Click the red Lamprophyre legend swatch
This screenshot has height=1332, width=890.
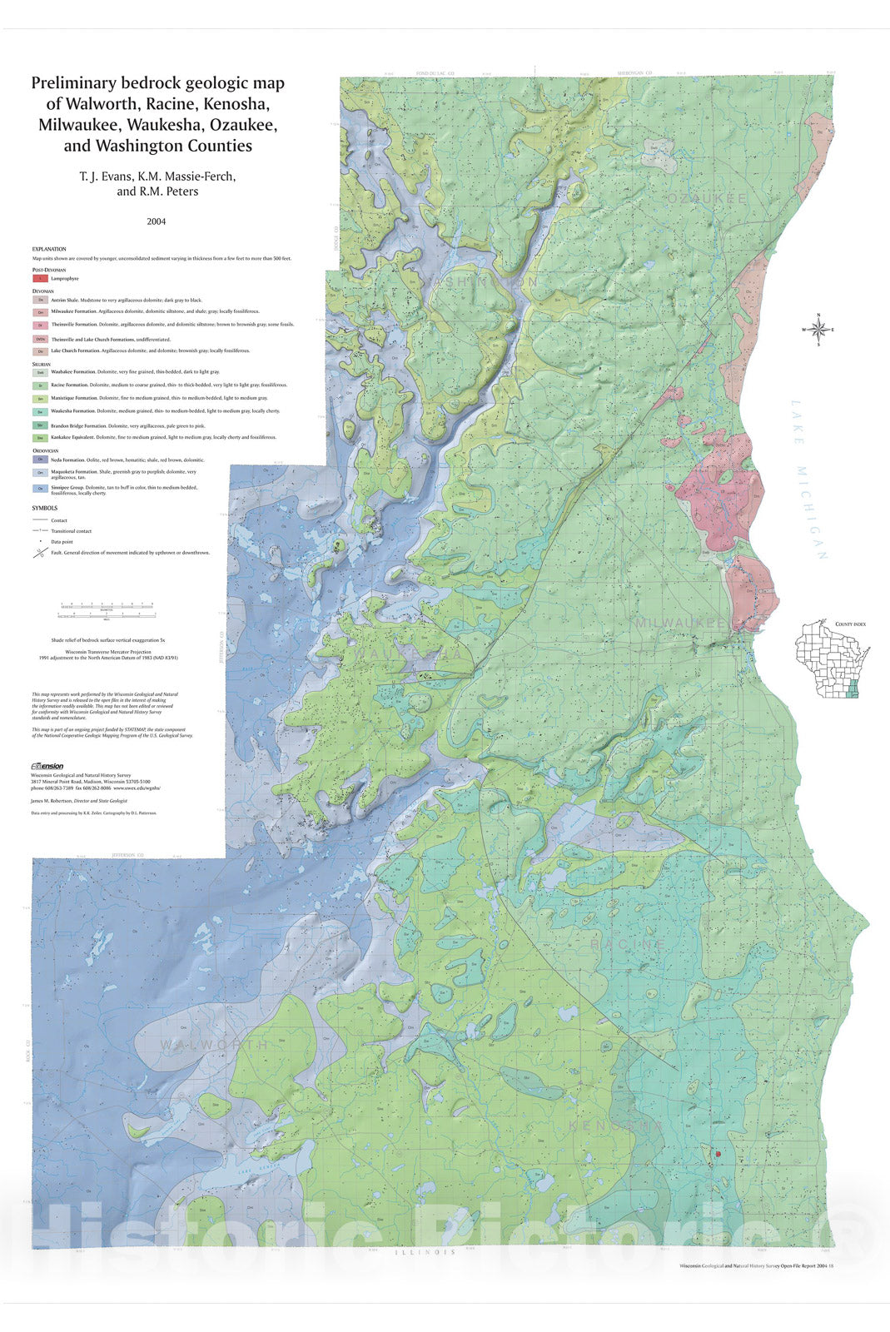(x=40, y=279)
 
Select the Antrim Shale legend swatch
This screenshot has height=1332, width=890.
(x=40, y=300)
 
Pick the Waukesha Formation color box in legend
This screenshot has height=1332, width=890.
(x=40, y=411)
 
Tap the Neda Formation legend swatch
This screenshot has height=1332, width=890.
(x=40, y=460)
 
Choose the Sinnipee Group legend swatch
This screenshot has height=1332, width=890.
(x=40, y=489)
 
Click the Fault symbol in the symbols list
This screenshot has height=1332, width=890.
(x=40, y=553)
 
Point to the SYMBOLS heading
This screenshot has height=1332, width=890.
(x=45, y=508)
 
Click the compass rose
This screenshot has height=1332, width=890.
(x=819, y=330)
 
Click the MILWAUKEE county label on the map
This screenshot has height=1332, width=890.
(x=680, y=623)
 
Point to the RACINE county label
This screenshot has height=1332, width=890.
(x=629, y=945)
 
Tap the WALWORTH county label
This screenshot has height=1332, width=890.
(x=215, y=1044)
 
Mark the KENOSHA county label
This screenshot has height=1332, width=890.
(x=616, y=1126)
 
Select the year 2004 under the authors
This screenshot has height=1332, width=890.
(x=157, y=221)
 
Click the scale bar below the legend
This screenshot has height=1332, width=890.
(x=107, y=610)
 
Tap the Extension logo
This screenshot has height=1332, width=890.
(x=47, y=766)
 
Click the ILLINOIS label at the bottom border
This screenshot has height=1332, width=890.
(x=425, y=1252)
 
